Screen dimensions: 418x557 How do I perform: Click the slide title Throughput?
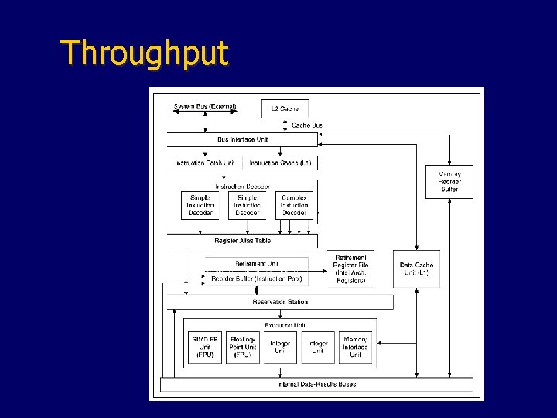pyautogui.click(x=145, y=53)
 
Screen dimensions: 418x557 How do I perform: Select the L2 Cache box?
pyautogui.click(x=285, y=108)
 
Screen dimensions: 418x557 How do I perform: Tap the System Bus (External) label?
pyautogui.click(x=205, y=107)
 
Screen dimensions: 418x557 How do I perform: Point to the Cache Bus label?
pyautogui.click(x=306, y=125)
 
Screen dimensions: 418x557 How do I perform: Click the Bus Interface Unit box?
pyautogui.click(x=242, y=139)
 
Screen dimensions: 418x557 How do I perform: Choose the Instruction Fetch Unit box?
pyautogui.click(x=204, y=163)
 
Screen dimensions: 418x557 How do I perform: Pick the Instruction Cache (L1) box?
pyautogui.click(x=280, y=163)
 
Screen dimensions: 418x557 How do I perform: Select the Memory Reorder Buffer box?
pyautogui.click(x=449, y=182)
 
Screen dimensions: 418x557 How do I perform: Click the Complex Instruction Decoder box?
pyautogui.click(x=294, y=205)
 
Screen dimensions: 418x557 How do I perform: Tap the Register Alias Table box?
pyautogui.click(x=242, y=241)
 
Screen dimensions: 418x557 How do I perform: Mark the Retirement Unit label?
pyautogui.click(x=257, y=264)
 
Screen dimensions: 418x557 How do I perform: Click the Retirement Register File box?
pyautogui.click(x=351, y=269)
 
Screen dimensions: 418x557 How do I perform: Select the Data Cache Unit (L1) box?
pyautogui.click(x=416, y=269)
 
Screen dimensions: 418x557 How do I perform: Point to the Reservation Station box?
pyautogui.click(x=279, y=302)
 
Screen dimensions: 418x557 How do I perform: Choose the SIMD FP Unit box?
pyautogui.click(x=204, y=348)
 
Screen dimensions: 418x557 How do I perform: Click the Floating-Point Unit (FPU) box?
pyautogui.click(x=243, y=348)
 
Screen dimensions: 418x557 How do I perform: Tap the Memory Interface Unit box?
pyautogui.click(x=355, y=348)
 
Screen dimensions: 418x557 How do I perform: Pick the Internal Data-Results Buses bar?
pyautogui.click(x=316, y=384)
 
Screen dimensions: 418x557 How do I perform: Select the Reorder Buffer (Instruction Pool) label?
pyautogui.click(x=257, y=279)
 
